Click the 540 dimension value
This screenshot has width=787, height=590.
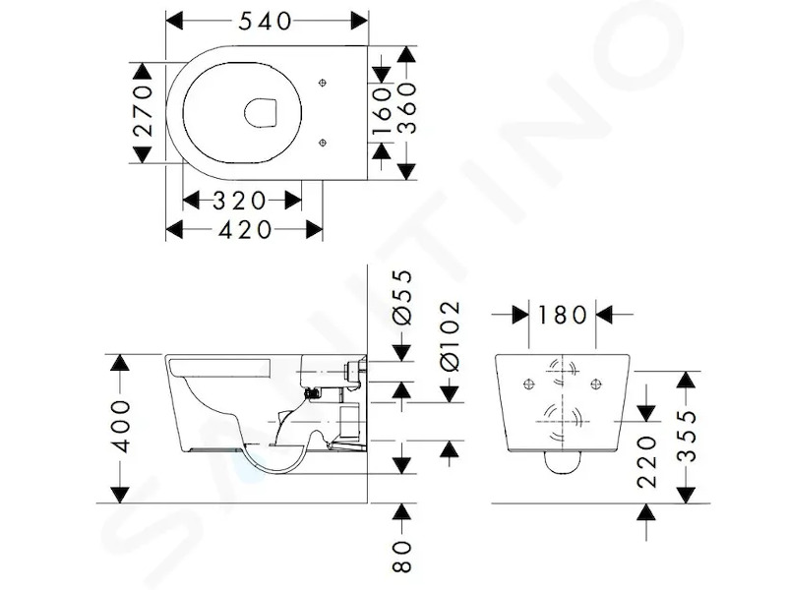pyautogui.click(x=265, y=21)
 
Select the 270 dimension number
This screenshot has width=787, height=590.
pyautogui.click(x=143, y=111)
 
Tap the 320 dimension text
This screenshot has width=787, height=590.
pyautogui.click(x=239, y=201)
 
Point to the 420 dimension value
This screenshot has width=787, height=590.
pyautogui.click(x=245, y=230)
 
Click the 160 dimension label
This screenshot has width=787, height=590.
pyautogui.click(x=383, y=111)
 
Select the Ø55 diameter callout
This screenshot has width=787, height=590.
pyautogui.click(x=402, y=298)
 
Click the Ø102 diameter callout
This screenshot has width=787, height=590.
pyautogui.click(x=450, y=335)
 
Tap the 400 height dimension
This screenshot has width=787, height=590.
pyautogui.click(x=120, y=427)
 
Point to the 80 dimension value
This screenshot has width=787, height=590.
pyautogui.click(x=402, y=556)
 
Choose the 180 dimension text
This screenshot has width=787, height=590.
pyautogui.click(x=562, y=315)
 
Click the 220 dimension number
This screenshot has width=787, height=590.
pyautogui.click(x=647, y=462)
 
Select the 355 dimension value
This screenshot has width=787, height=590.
pyautogui.click(x=686, y=436)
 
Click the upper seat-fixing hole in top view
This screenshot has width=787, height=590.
pyautogui.click(x=323, y=83)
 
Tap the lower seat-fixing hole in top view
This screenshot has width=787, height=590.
pyautogui.click(x=323, y=143)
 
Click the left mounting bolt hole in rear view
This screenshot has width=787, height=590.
pyautogui.click(x=529, y=384)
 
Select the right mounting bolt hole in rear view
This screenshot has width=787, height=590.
pyautogui.click(x=596, y=384)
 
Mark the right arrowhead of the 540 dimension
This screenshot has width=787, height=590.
pyautogui.click(x=359, y=21)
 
